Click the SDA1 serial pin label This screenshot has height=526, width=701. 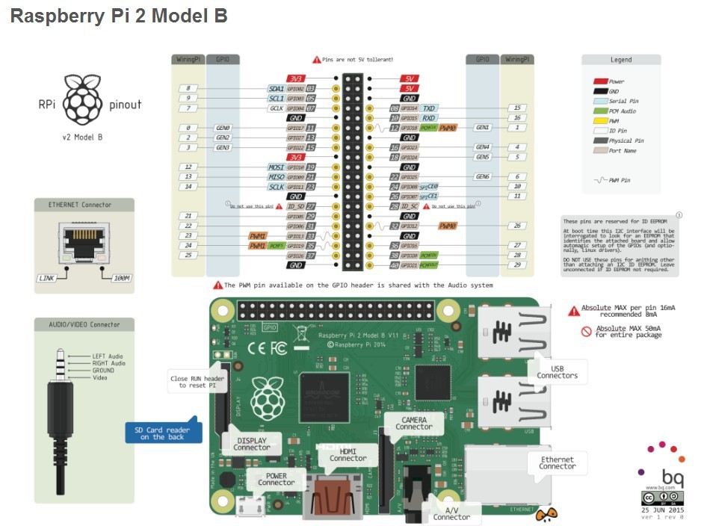click(x=276, y=88)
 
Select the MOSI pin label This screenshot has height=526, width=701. click(x=276, y=167)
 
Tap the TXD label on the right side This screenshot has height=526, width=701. click(x=429, y=108)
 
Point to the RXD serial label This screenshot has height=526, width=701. click(x=429, y=118)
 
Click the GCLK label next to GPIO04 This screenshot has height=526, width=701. click(x=276, y=108)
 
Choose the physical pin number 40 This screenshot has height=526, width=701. click(x=394, y=265)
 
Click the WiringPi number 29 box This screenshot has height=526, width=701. click(x=516, y=265)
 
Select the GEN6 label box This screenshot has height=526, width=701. click(x=483, y=177)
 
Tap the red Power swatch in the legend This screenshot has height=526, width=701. click(x=599, y=81)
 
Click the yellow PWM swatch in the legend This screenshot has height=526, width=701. click(x=599, y=120)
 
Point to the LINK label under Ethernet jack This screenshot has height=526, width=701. click(x=48, y=278)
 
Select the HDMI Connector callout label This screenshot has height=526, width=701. click(x=348, y=454)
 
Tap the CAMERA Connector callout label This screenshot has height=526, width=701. click(x=414, y=424)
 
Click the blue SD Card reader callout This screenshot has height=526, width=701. click(x=162, y=433)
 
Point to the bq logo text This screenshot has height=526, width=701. click(x=671, y=476)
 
